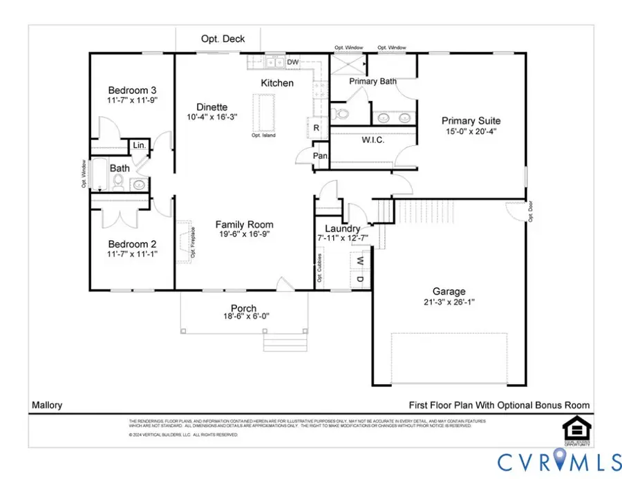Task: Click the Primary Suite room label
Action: tap(471, 121)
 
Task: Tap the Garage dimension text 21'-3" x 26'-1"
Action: tap(449, 303)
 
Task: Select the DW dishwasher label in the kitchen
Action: tap(293, 62)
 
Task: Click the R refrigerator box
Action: tap(316, 128)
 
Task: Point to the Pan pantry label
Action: tap(320, 156)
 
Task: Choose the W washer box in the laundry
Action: tap(359, 261)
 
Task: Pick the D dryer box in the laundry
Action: tap(359, 279)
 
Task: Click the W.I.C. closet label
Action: tap(373, 140)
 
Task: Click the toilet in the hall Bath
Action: tap(118, 182)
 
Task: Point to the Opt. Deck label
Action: tap(223, 39)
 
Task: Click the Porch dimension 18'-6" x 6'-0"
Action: tap(244, 317)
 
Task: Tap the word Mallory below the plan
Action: tap(46, 406)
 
